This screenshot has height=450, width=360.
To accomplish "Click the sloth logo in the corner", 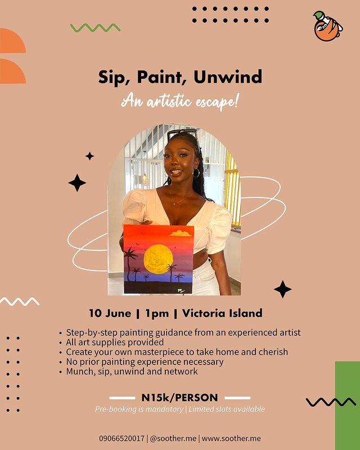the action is [328, 26].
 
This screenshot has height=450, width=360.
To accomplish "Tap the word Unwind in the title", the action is [228, 76].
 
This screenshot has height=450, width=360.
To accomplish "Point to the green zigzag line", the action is [95, 28].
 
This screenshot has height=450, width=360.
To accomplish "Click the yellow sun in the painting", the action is [159, 259].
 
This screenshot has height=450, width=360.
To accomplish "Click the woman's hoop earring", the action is [196, 173].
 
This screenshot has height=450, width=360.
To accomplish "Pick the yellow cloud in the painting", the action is [181, 233].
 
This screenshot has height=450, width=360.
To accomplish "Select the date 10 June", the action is [110, 313].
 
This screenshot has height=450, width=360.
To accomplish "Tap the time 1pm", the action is [157, 313].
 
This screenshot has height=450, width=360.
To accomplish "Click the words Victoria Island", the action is [222, 313].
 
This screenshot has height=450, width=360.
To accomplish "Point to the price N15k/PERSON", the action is [179, 398].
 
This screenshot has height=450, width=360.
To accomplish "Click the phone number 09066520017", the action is [121, 439].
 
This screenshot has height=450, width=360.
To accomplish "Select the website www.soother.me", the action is [231, 439].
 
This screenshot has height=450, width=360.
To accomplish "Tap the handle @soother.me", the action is [173, 439].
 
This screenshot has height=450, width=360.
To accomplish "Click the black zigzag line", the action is [331, 402].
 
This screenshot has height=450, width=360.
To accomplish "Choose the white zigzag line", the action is [20, 301].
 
